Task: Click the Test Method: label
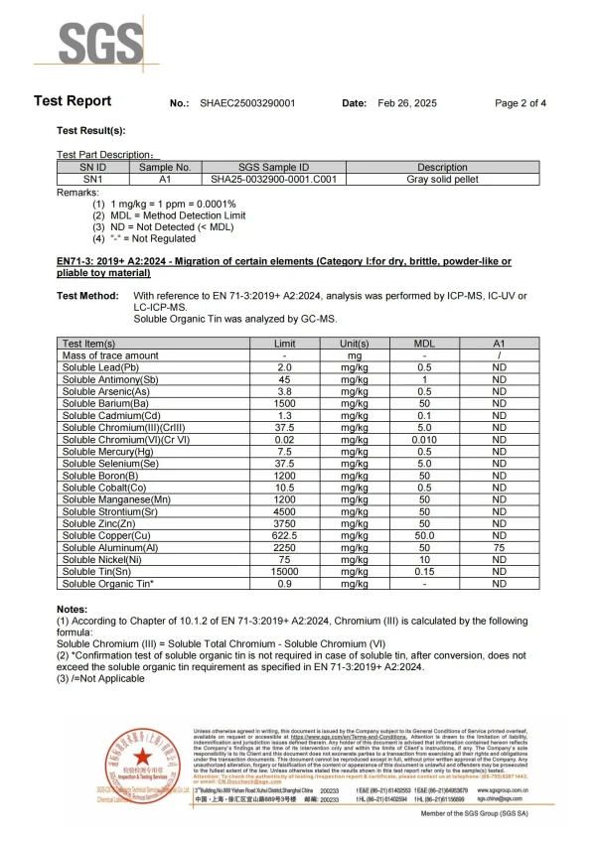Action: tap(88, 296)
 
